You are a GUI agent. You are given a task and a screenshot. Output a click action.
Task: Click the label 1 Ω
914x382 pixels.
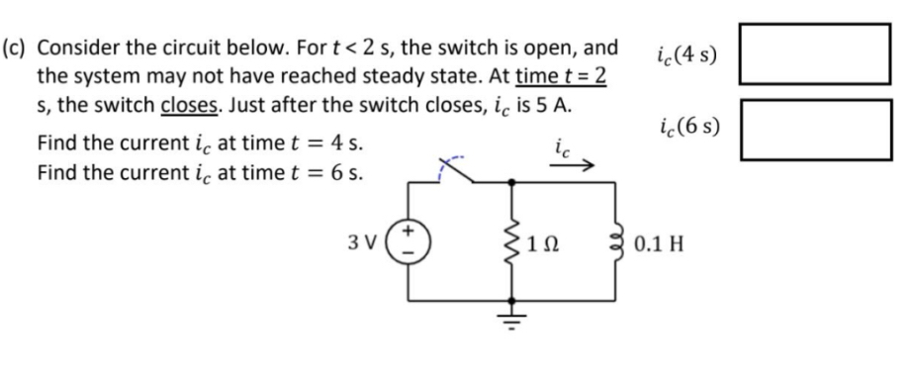tap(542, 241)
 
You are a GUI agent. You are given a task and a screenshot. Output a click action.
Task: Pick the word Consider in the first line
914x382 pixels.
tap(83, 48)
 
